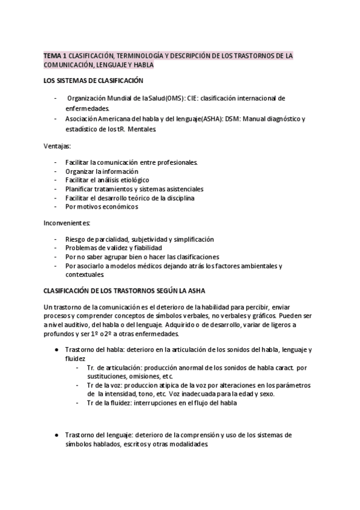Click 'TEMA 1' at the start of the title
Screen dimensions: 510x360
54,55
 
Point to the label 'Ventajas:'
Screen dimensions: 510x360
56,146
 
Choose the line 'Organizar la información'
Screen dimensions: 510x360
102,171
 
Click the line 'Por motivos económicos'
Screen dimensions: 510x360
102,206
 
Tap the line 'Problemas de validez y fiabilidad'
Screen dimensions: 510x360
113,248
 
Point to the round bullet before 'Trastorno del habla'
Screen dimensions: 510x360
56,350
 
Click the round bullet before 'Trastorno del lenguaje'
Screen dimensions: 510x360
56,435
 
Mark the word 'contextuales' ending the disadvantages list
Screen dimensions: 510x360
85,274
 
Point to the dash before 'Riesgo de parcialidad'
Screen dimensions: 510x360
56,239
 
